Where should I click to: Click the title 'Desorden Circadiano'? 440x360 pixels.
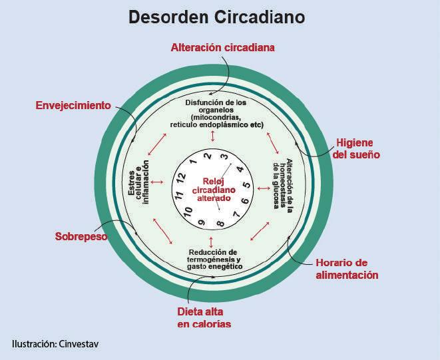point(217,17)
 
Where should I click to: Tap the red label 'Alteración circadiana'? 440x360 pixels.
point(222,48)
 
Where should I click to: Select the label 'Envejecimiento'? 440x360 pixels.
point(73,105)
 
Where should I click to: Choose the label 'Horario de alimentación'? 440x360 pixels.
point(346,268)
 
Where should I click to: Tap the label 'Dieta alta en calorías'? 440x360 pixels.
point(204,317)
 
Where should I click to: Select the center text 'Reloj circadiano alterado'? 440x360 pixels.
point(213,190)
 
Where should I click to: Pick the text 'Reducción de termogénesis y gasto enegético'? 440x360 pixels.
point(214,259)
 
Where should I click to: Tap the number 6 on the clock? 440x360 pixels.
point(245,202)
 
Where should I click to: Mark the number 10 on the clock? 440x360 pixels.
point(188,212)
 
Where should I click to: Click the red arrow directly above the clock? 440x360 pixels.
point(212,136)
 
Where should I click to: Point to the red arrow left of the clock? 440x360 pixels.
point(157,182)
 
